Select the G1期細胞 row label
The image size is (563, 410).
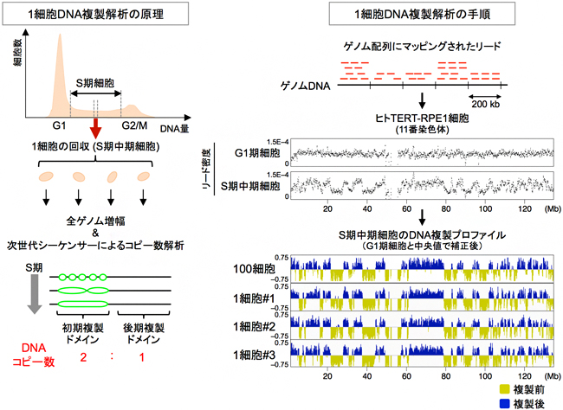[x=258, y=154]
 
